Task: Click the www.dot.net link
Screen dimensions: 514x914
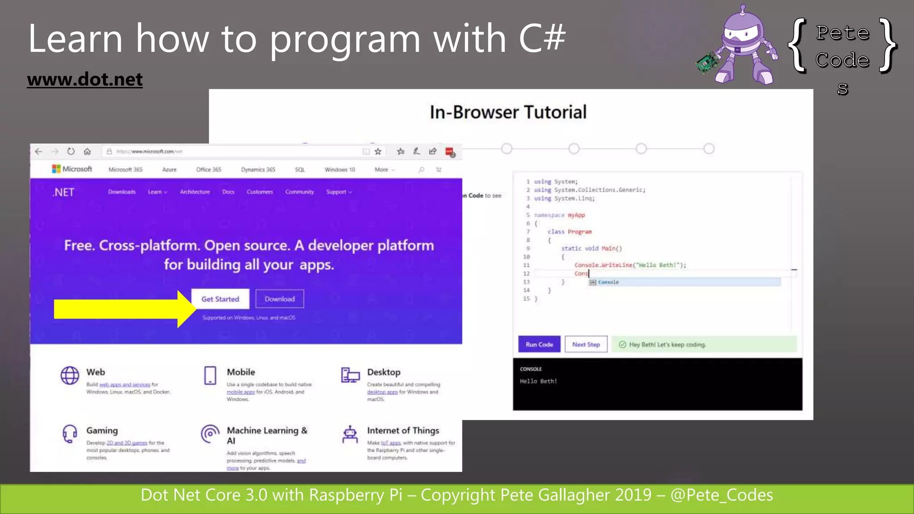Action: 85,79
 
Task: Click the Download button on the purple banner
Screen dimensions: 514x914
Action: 279,299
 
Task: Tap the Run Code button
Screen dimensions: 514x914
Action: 539,344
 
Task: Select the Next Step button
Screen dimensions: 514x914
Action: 586,344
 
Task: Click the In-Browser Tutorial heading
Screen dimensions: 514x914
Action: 508,112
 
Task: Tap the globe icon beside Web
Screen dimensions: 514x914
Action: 70,375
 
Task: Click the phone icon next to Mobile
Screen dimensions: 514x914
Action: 210,375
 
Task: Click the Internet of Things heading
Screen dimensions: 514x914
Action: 403,431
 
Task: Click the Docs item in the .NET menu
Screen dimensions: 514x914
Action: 228,192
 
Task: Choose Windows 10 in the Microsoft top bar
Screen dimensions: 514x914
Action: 340,170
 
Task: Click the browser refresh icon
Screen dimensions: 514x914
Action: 71,151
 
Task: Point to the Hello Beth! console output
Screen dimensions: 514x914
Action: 538,381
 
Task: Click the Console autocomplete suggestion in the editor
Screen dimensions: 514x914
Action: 608,282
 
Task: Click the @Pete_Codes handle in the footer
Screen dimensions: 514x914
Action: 721,495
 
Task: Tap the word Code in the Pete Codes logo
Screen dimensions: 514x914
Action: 842,60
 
